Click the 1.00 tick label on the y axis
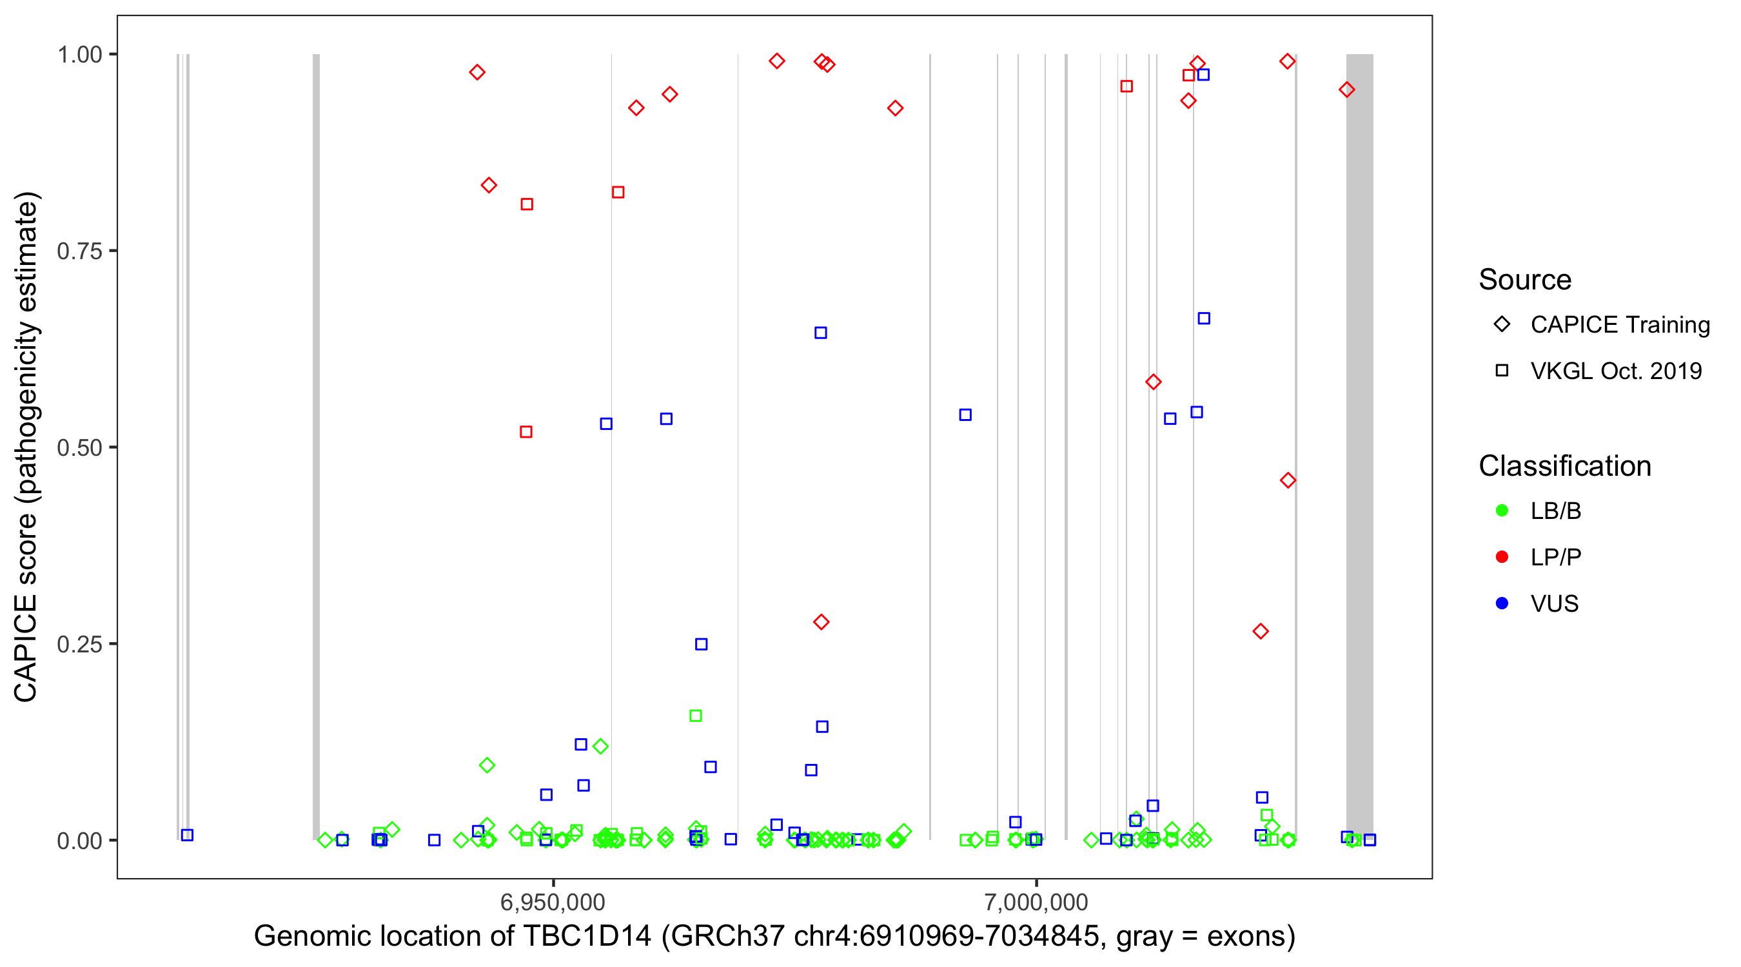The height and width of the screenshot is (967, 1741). (x=79, y=55)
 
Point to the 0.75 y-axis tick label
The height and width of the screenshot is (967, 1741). (x=79, y=251)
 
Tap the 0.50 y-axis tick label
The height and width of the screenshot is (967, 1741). (x=79, y=448)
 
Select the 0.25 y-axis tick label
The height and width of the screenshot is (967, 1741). (x=79, y=644)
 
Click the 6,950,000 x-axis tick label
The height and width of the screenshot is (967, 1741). (x=553, y=902)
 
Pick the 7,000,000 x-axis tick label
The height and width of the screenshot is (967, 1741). (x=1036, y=902)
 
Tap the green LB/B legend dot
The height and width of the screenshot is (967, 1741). (x=1502, y=511)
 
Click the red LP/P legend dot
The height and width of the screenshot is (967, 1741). (x=1502, y=557)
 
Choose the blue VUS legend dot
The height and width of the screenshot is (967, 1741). (x=1502, y=603)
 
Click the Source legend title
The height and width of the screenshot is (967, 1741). (x=1525, y=280)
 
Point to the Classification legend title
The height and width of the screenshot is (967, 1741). (x=1564, y=466)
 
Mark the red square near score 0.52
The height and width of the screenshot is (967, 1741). (x=526, y=432)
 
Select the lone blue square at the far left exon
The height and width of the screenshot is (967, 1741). (x=187, y=835)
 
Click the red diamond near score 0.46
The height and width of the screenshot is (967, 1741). (x=1288, y=480)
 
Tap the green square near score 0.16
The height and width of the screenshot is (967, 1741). (x=696, y=716)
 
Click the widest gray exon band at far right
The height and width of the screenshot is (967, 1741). (x=1359, y=446)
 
